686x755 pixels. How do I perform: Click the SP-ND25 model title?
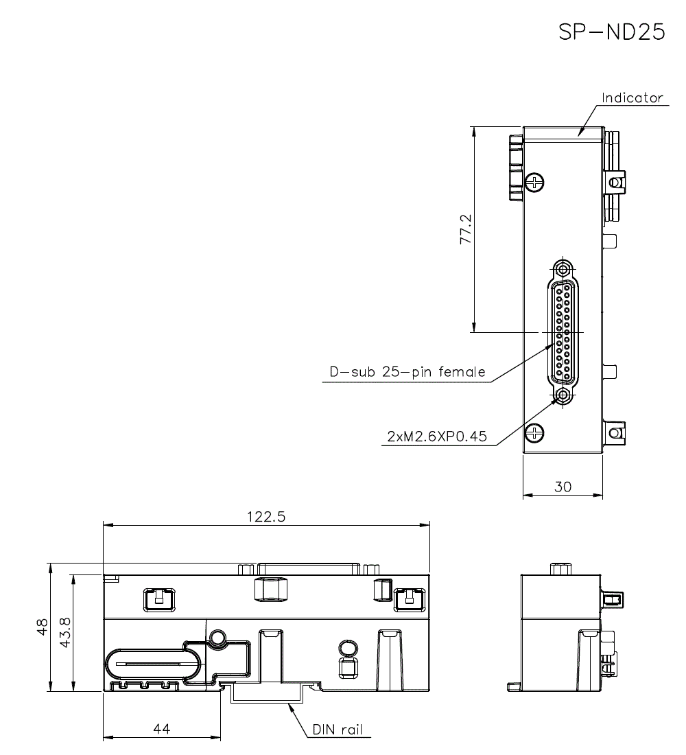(612, 33)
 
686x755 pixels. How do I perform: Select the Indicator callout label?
(632, 97)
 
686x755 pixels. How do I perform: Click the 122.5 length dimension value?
(265, 518)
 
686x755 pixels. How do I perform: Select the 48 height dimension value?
(43, 627)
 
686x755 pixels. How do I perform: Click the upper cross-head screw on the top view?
(534, 182)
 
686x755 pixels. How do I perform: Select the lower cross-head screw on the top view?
(534, 432)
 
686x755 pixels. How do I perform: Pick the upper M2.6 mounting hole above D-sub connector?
(563, 268)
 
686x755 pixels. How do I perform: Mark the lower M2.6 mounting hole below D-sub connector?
(563, 396)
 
